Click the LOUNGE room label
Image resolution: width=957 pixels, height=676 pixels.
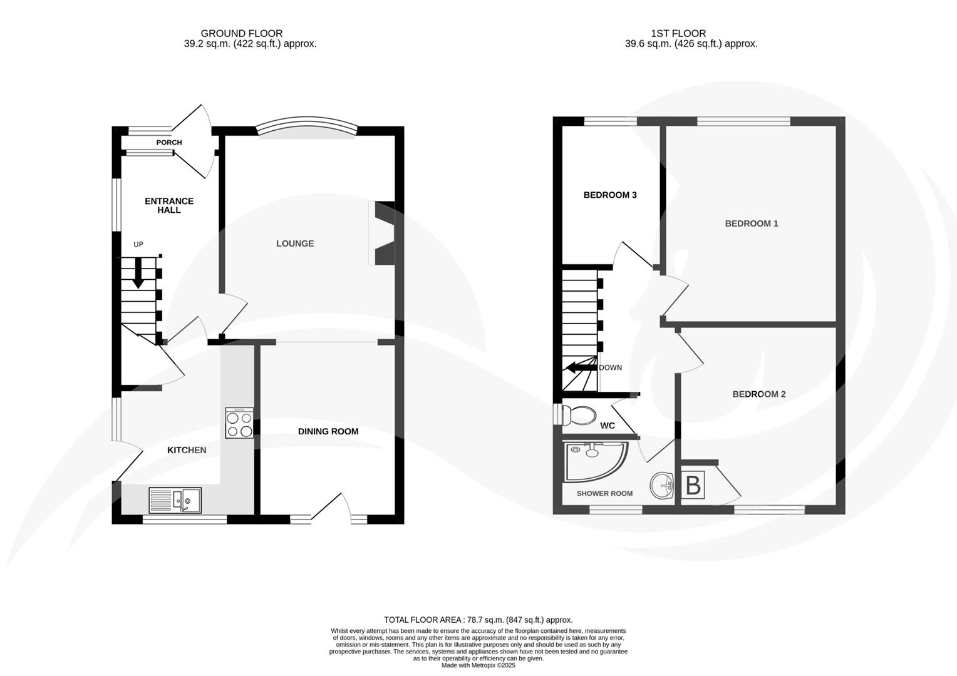[x=295, y=243]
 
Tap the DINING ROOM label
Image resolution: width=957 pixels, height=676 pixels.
[x=328, y=431]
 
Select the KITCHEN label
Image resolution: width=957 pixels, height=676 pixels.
[x=187, y=450]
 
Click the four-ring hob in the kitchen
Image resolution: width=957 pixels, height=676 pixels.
[x=240, y=423]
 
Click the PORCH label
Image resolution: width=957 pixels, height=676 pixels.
[x=169, y=143]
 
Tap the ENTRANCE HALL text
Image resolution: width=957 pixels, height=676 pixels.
[x=169, y=205]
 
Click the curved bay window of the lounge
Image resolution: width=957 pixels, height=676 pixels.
[x=308, y=126]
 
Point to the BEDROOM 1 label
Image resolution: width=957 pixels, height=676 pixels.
[x=751, y=223]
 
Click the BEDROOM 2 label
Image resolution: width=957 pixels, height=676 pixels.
[x=759, y=394]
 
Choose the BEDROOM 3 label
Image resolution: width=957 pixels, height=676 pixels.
[x=610, y=195]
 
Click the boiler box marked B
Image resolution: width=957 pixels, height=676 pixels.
[x=693, y=485]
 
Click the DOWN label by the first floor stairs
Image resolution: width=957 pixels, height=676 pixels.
[x=610, y=367]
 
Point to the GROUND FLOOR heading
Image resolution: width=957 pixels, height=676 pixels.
[x=241, y=33]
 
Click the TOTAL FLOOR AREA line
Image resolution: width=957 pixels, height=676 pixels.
[x=478, y=620]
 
